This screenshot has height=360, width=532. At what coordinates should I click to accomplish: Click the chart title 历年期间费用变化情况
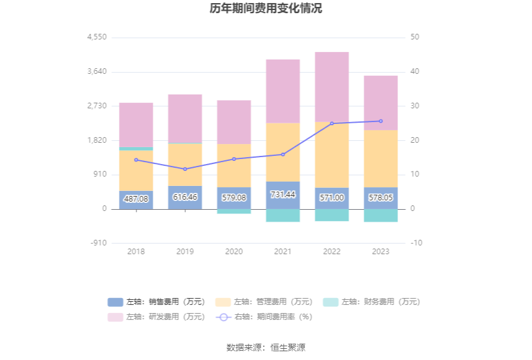[266, 9]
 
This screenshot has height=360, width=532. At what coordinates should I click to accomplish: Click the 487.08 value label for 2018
[136, 198]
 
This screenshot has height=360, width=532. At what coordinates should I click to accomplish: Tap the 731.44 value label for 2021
[283, 195]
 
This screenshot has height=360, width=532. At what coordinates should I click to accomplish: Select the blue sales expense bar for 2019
[185, 197]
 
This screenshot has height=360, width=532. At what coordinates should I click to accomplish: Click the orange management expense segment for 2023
[381, 158]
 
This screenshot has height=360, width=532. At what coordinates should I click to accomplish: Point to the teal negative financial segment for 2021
[283, 215]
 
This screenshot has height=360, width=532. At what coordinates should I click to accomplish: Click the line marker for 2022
[332, 123]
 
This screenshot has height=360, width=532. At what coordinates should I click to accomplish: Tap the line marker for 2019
[185, 169]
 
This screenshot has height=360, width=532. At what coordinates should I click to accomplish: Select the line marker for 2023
[381, 121]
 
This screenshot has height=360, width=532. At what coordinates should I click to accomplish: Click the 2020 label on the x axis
[234, 252]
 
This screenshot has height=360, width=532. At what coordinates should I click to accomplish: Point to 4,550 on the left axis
[98, 38]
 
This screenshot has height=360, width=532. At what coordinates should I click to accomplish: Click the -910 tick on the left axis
[98, 243]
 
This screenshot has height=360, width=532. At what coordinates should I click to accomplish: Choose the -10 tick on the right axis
[417, 243]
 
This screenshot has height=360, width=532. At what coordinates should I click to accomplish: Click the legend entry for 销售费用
[156, 302]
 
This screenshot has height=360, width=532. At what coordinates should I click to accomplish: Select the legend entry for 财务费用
[372, 302]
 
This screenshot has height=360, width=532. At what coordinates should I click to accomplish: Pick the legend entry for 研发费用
[156, 317]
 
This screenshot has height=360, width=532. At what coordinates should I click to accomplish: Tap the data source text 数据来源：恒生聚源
[266, 347]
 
